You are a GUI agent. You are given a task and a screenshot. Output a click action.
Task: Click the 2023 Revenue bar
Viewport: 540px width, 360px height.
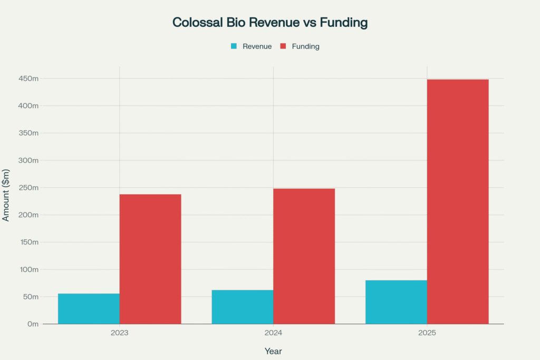click(x=89, y=309)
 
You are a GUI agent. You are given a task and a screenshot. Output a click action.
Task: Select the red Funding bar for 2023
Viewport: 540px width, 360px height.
click(x=150, y=259)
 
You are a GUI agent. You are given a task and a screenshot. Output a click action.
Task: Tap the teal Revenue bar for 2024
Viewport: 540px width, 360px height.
click(x=243, y=307)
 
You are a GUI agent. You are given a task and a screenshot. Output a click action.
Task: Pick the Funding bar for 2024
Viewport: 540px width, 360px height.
click(x=304, y=256)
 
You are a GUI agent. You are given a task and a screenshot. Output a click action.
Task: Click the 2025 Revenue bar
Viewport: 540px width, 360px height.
click(x=396, y=302)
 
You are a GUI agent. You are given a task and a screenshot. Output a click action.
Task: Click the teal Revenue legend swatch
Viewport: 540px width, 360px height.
click(x=234, y=46)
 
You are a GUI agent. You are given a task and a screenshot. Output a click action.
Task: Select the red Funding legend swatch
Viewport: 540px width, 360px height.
click(x=283, y=46)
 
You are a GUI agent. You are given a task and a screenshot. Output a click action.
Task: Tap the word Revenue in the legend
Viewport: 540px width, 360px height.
click(x=257, y=46)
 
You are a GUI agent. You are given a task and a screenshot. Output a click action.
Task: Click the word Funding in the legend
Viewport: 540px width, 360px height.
click(x=305, y=46)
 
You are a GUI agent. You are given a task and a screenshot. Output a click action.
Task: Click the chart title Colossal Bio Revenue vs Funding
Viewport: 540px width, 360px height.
click(x=270, y=23)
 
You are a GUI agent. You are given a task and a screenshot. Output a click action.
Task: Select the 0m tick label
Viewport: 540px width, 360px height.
click(x=33, y=324)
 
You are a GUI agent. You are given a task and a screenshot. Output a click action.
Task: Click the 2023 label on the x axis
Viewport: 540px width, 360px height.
click(x=120, y=333)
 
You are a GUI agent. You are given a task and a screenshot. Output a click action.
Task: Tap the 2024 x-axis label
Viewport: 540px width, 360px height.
click(x=273, y=333)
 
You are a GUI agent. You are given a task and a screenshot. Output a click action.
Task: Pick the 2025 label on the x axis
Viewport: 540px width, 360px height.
click(x=427, y=333)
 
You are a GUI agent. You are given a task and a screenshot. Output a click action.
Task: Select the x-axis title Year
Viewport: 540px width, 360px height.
click(x=273, y=351)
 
